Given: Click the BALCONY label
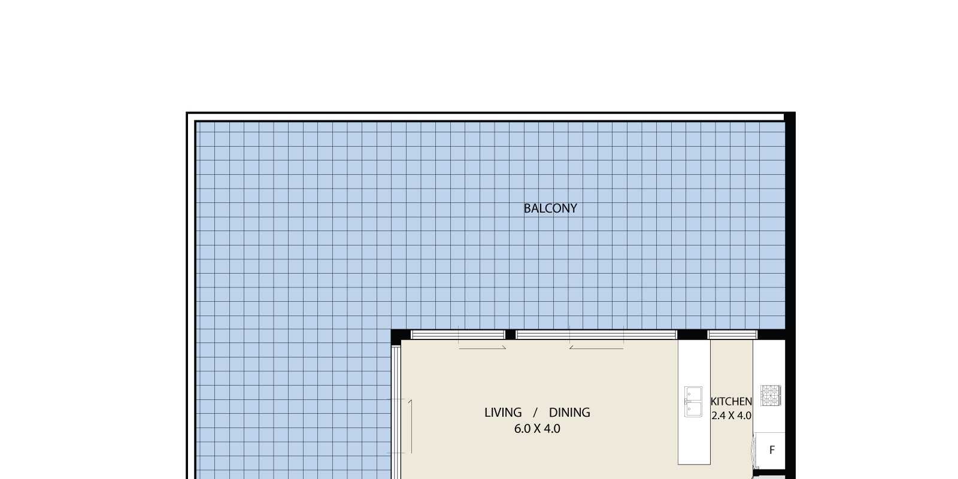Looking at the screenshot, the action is pyautogui.click(x=550, y=208).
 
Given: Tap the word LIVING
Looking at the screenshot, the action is pyautogui.click(x=503, y=413).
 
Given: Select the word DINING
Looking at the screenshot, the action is pyautogui.click(x=569, y=413).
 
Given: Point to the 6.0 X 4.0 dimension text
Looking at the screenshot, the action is pyautogui.click(x=537, y=429).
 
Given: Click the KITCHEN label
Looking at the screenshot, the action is pyautogui.click(x=731, y=402).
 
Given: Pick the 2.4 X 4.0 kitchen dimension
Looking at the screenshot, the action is pyautogui.click(x=731, y=416).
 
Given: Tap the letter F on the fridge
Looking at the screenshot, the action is pyautogui.click(x=772, y=450).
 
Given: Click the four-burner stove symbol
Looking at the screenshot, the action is pyautogui.click(x=771, y=396).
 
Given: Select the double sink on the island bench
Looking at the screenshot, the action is pyautogui.click(x=693, y=402).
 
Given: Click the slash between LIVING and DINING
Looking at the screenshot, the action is pyautogui.click(x=535, y=413).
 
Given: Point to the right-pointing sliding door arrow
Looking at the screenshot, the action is pyautogui.click(x=483, y=348).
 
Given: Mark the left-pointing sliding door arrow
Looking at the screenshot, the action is pyautogui.click(x=596, y=348).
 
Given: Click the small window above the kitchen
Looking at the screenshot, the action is pyautogui.click(x=733, y=335).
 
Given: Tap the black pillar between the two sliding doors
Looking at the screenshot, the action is pyautogui.click(x=510, y=335).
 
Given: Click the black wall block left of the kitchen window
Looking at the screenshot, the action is pyautogui.click(x=692, y=335).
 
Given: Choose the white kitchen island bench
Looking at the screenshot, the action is pyautogui.click(x=694, y=402).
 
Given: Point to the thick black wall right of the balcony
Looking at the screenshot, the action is pyautogui.click(x=790, y=295).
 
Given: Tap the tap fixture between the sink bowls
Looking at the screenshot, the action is pyautogui.click(x=687, y=402).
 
